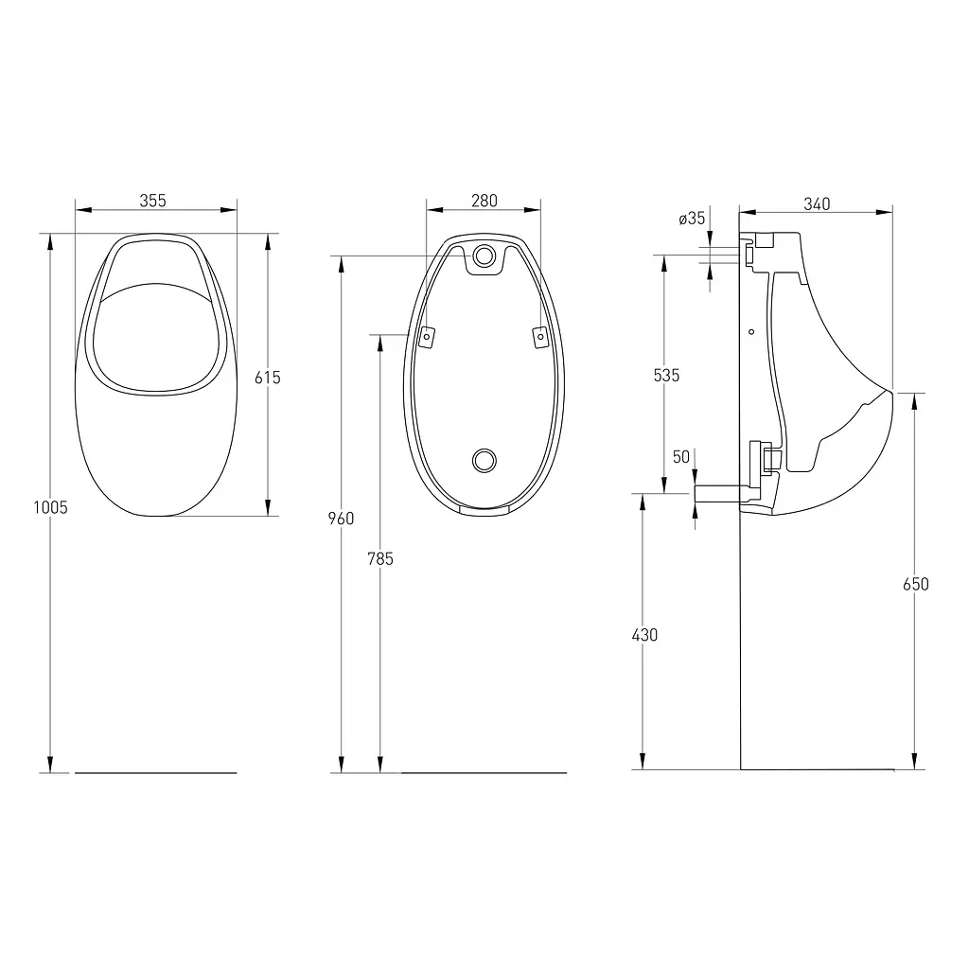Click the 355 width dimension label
pos(152,201)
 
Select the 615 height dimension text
pos(268,377)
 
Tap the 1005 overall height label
pos(51,507)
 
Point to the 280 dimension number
pos(484,201)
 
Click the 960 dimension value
pos(341,519)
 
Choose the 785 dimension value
pos(380,558)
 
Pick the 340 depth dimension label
pos(817,204)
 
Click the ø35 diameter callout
pos(692,219)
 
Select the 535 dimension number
pos(666,375)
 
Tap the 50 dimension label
pos(681,457)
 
